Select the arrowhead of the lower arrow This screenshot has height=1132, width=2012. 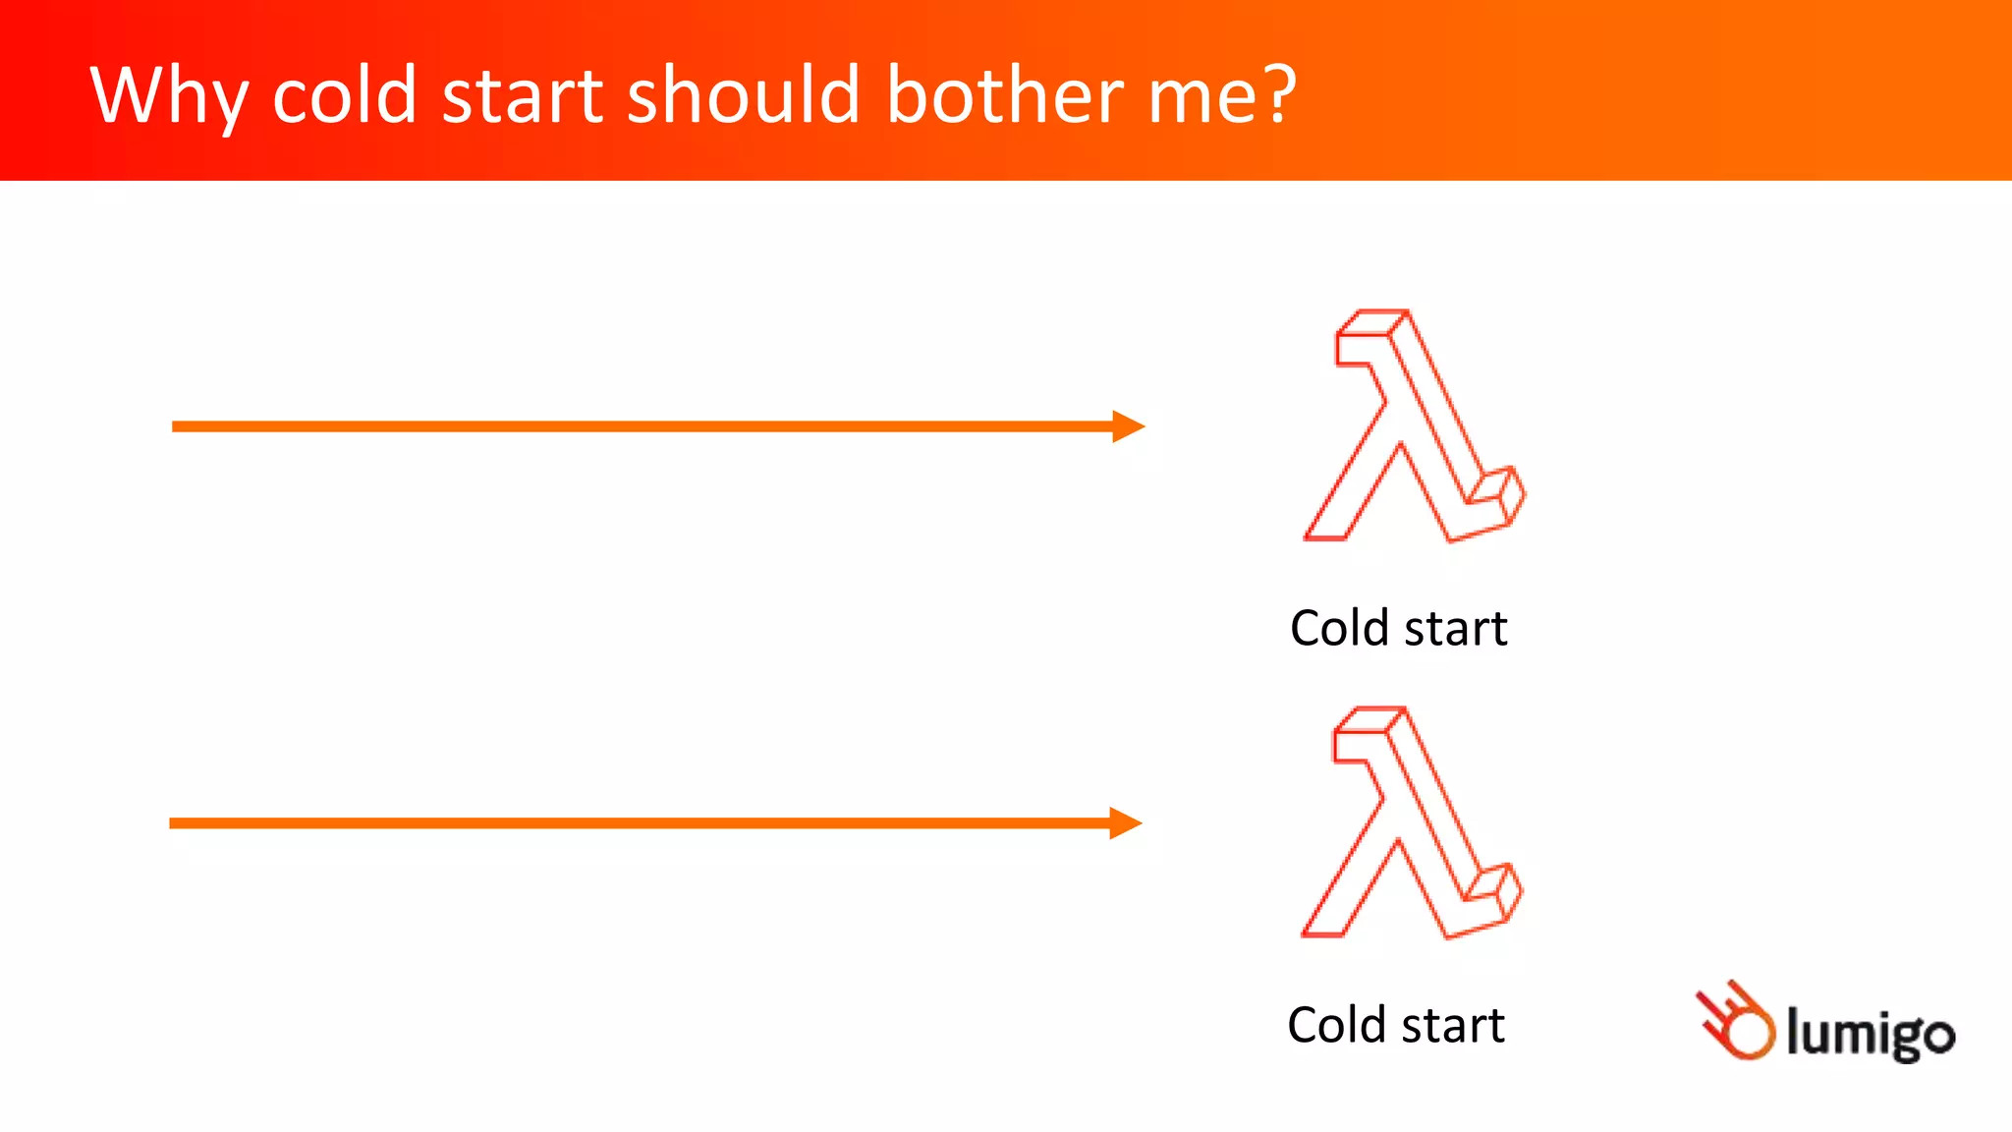[x=1125, y=823]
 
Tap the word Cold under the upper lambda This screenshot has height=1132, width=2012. [x=1338, y=629]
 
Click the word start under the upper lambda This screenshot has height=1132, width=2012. [x=1456, y=630]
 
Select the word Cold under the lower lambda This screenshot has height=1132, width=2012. [x=1335, y=1026]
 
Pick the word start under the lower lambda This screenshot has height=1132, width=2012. [x=1453, y=1027]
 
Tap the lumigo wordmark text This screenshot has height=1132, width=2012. [x=1870, y=1034]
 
